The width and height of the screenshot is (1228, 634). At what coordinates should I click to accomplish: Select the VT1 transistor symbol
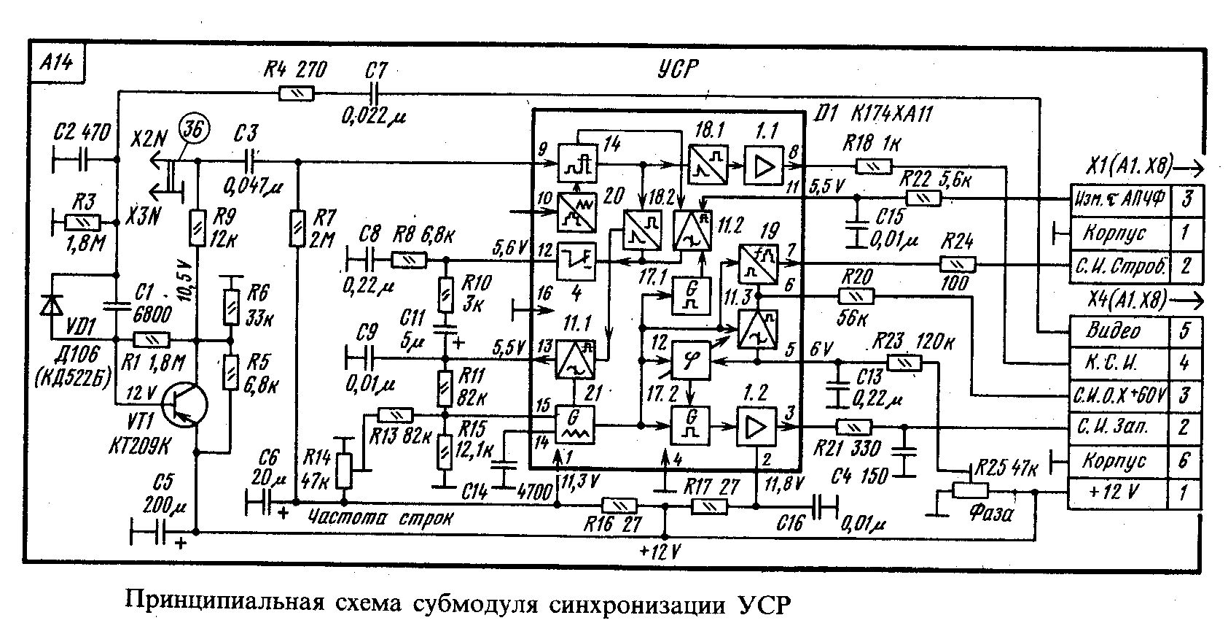[x=184, y=407]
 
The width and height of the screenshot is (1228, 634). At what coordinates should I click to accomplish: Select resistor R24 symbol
[x=955, y=263]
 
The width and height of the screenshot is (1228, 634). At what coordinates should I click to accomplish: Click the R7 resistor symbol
[x=296, y=227]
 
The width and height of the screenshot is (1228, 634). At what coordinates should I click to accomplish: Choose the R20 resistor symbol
[x=857, y=295]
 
